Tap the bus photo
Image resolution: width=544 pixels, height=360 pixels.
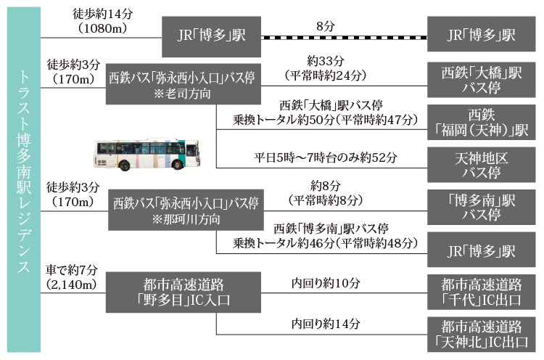pyautogui.click(x=147, y=153)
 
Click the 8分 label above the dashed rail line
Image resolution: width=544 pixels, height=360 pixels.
pyautogui.click(x=325, y=26)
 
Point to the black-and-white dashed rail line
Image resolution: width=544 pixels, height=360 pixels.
pyautogui.click(x=344, y=36)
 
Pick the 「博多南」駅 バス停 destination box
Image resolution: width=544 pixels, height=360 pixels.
pyautogui.click(x=482, y=208)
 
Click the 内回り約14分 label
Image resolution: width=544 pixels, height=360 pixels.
pyautogui.click(x=325, y=324)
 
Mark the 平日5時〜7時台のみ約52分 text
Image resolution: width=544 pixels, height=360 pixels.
pyautogui.click(x=325, y=157)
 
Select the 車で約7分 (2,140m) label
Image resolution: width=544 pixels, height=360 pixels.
pyautogui.click(x=70, y=277)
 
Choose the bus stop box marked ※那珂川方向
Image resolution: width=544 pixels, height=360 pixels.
pyautogui.click(x=183, y=209)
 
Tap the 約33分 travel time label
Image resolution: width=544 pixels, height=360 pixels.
pyautogui.click(x=325, y=62)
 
